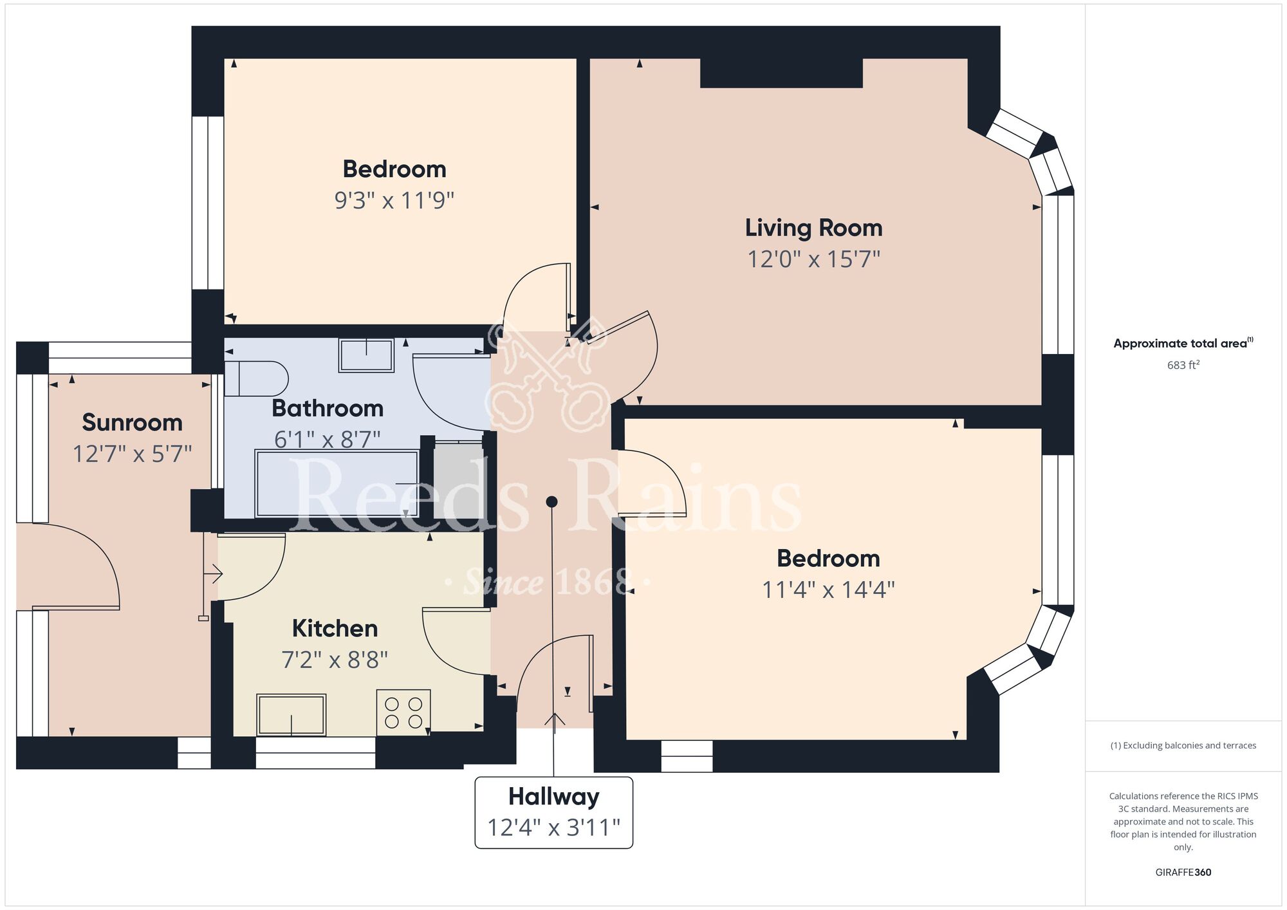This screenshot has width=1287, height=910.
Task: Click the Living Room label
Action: click(813, 228)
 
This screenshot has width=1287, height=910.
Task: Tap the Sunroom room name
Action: click(132, 423)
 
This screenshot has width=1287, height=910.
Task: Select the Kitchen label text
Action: click(335, 628)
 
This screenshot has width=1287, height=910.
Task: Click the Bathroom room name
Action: click(328, 408)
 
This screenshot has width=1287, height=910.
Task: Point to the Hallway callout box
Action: click(553, 812)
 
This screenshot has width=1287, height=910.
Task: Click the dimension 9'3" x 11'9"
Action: click(394, 200)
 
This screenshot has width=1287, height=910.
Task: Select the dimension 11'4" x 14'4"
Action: click(828, 590)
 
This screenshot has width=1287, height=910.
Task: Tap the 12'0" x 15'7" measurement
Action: click(813, 259)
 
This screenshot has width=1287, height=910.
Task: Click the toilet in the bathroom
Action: click(255, 378)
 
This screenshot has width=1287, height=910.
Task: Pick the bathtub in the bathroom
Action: click(337, 483)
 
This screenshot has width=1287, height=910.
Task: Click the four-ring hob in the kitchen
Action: click(403, 712)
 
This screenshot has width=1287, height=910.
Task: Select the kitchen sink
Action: click(291, 714)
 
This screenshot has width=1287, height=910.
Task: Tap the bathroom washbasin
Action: click(366, 355)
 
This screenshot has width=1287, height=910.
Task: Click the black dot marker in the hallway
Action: click(551, 501)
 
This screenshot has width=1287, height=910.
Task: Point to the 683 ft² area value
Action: click(1183, 365)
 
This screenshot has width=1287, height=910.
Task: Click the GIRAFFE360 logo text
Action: click(1183, 873)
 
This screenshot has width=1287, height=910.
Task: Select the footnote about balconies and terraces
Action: click(1183, 745)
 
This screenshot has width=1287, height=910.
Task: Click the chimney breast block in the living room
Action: click(781, 73)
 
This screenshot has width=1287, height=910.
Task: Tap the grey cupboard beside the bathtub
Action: click(458, 480)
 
